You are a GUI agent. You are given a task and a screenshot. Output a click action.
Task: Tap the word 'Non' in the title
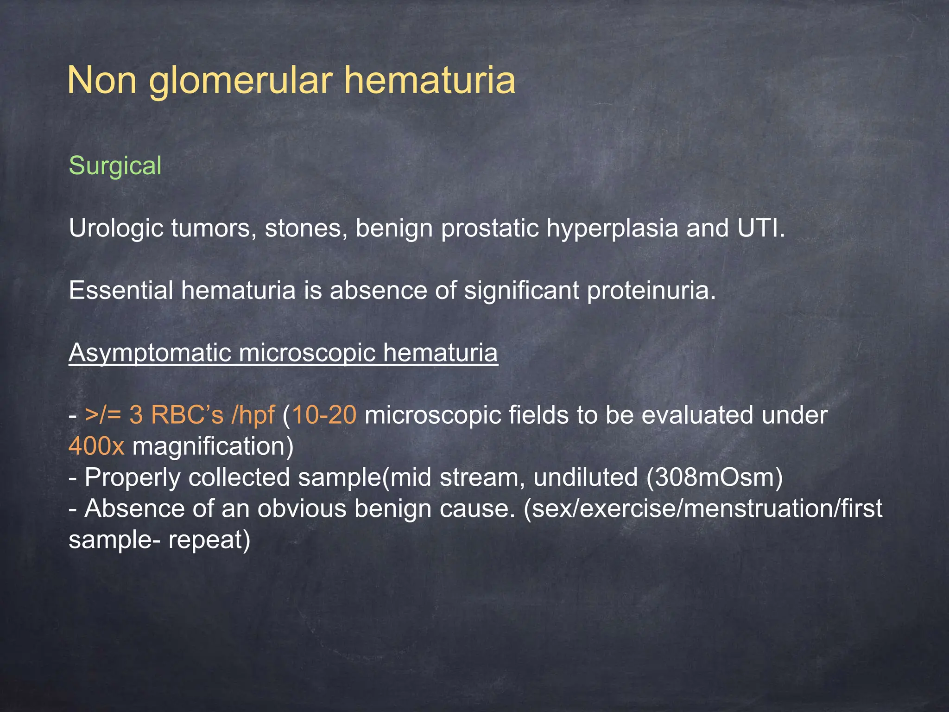click(102, 81)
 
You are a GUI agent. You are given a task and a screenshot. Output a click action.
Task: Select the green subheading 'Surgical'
click(115, 166)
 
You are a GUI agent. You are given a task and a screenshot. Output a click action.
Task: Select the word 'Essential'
click(121, 291)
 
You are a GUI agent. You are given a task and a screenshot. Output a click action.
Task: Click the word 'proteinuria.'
click(651, 291)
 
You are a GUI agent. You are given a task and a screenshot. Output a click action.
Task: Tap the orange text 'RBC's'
click(187, 415)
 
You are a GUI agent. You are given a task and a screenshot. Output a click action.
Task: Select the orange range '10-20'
click(324, 415)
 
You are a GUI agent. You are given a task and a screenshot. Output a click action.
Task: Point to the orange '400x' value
click(96, 446)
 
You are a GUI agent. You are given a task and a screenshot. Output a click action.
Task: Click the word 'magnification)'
click(213, 446)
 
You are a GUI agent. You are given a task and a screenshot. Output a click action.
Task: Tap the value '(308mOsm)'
click(714, 477)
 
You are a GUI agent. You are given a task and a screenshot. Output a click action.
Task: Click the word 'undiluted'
click(585, 477)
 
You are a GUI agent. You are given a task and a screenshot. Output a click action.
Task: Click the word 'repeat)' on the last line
click(209, 540)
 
